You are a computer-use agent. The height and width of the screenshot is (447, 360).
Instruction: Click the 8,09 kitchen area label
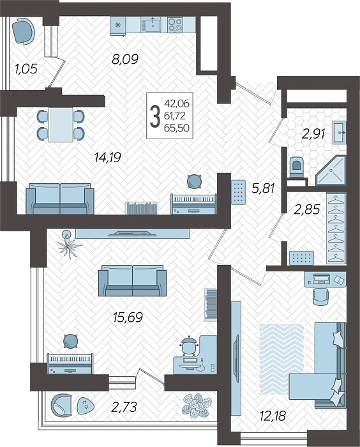tap(125, 61)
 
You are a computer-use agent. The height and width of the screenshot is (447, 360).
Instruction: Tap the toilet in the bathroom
tap(296, 167)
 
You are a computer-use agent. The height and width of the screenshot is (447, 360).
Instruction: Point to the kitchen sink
tap(151, 25)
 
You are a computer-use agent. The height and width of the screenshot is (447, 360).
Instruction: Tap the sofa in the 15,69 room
tap(131, 282)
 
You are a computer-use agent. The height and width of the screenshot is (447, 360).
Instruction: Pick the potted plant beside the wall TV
tap(68, 242)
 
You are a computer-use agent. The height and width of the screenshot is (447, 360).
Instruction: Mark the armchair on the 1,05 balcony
tap(24, 30)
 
